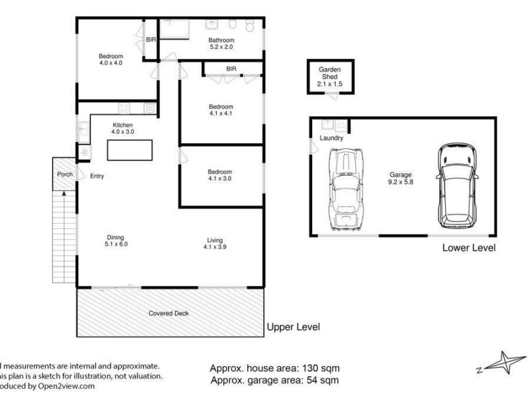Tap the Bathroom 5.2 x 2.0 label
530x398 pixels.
221,44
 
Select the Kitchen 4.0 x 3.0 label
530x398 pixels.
123,129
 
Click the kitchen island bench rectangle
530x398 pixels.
131,150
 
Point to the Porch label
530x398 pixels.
65,175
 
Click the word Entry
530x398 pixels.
97,176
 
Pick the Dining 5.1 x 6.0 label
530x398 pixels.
116,241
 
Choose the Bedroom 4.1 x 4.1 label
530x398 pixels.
221,109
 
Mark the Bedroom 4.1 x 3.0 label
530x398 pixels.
220,175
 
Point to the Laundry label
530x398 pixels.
331,138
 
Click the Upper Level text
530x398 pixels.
293,327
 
